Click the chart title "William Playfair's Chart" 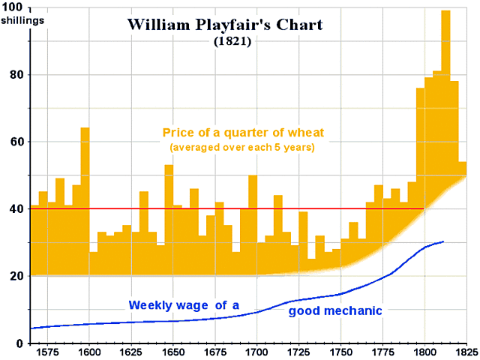[225, 25]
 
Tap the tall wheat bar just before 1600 [85, 195]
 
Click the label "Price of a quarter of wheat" [237, 134]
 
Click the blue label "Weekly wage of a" [184, 305]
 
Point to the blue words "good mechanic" [335, 310]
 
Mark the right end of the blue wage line [443, 241]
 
